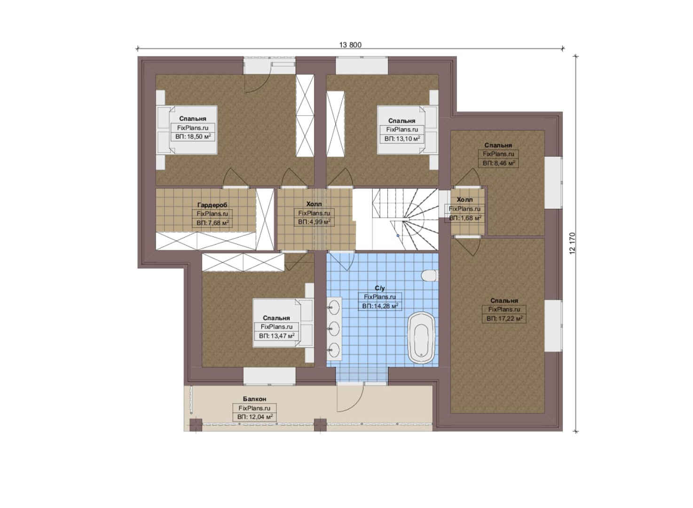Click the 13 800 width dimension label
click(350, 45)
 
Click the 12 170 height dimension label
click(572, 244)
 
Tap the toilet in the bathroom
click(429, 276)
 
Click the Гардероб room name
click(212, 205)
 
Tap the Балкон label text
click(254, 399)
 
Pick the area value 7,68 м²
click(213, 222)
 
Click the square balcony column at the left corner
click(196, 425)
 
